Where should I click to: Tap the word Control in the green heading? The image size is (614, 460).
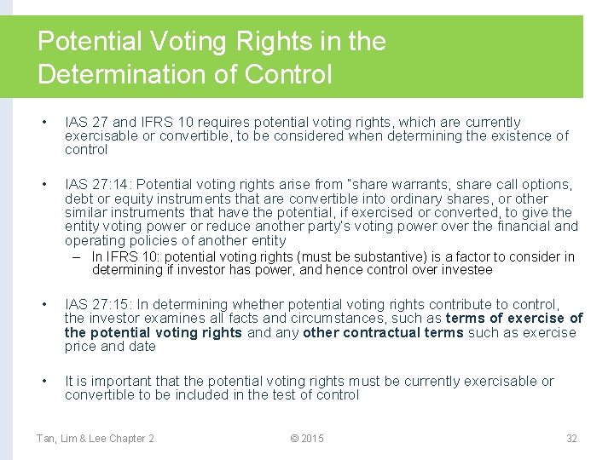coord(287,74)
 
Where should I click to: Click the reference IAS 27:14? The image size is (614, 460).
coord(99,184)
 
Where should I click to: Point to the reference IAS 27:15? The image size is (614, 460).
coord(99,304)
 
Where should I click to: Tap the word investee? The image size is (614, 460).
coord(466,270)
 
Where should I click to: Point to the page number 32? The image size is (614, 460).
coord(571,438)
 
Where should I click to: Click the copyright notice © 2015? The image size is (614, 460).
coord(307,438)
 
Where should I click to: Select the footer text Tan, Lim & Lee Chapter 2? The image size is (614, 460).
coord(96,438)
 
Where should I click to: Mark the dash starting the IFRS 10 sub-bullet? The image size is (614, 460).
coord(77,256)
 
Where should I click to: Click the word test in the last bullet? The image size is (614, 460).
coord(255,394)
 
